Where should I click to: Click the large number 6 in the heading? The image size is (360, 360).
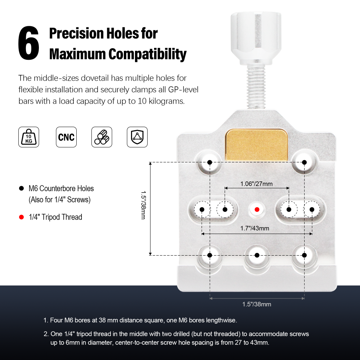pyautogui.click(x=29, y=43)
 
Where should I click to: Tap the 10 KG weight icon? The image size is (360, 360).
pyautogui.click(x=29, y=137)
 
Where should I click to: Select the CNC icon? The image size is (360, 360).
pyautogui.click(x=66, y=137)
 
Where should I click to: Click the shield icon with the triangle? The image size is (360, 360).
pyautogui.click(x=137, y=137)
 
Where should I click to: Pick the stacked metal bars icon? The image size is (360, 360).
pyautogui.click(x=102, y=137)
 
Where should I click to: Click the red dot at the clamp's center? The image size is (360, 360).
pyautogui.click(x=257, y=210)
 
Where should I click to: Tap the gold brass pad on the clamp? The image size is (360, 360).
pyautogui.click(x=256, y=145)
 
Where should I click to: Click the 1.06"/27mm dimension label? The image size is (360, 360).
pyautogui.click(x=256, y=184)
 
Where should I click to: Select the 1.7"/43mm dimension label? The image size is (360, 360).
pyautogui.click(x=255, y=228)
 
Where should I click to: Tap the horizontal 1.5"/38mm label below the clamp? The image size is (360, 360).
pyautogui.click(x=257, y=304)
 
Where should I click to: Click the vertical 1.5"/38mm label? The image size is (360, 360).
pyautogui.click(x=143, y=205)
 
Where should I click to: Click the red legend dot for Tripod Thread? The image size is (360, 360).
pyautogui.click(x=21, y=217)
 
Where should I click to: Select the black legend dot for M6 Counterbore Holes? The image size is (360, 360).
pyautogui.click(x=21, y=189)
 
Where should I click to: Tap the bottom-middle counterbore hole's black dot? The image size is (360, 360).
pyautogui.click(x=257, y=255)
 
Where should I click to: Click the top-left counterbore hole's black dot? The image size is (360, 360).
pyautogui.click(x=210, y=162)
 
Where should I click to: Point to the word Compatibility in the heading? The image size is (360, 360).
pyautogui.click(x=147, y=54)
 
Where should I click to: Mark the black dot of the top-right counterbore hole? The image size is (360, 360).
pyautogui.click(x=304, y=162)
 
